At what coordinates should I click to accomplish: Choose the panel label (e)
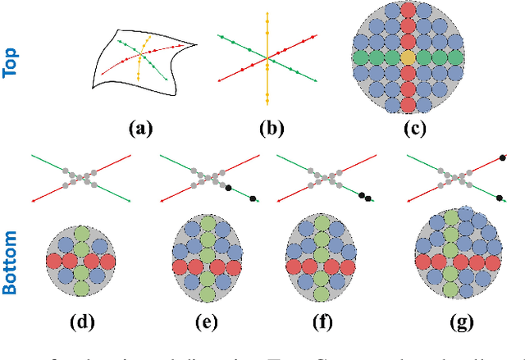pos(208,321)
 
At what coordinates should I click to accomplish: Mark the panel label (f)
pos(322,321)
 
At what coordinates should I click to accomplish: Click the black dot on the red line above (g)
pos(500,156)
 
